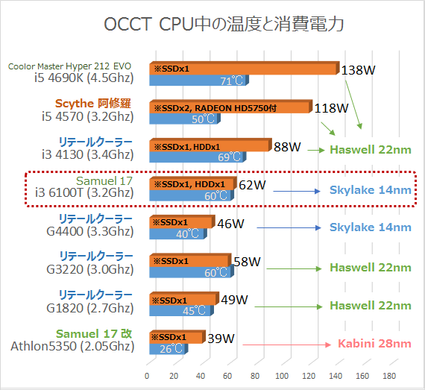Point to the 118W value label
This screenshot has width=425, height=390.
click(x=331, y=108)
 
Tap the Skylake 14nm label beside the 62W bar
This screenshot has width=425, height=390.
click(x=371, y=190)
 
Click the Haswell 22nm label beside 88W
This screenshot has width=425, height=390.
click(x=371, y=149)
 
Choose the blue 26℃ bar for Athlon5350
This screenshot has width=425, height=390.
click(x=168, y=349)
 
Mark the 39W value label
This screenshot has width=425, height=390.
click(x=220, y=339)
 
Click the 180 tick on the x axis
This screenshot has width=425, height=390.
click(x=389, y=374)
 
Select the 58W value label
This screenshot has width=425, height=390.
click(x=246, y=262)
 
